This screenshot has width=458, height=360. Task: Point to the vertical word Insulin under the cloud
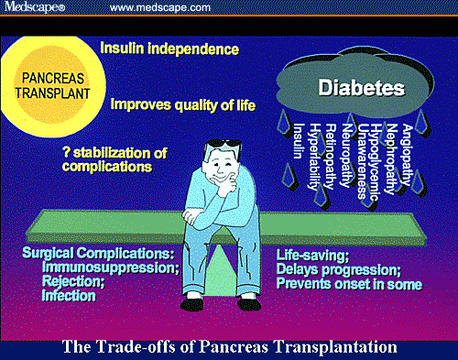298,142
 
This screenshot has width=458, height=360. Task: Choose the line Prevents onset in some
349,284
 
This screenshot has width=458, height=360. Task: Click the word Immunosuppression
100,267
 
